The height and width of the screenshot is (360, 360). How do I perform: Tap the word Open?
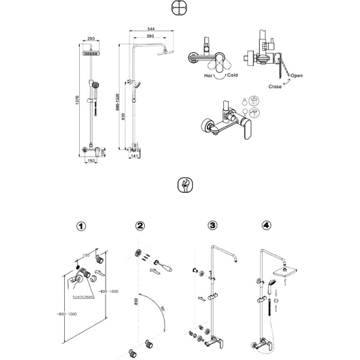point(297,76)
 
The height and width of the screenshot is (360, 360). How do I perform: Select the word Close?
point(275,86)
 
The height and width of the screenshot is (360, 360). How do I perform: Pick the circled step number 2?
point(140,226)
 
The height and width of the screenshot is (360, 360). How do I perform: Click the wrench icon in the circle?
point(185,185)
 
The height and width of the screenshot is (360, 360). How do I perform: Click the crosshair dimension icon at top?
point(179,8)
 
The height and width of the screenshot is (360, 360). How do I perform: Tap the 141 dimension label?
point(135,157)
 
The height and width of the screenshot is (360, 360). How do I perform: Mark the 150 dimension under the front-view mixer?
point(91,161)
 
